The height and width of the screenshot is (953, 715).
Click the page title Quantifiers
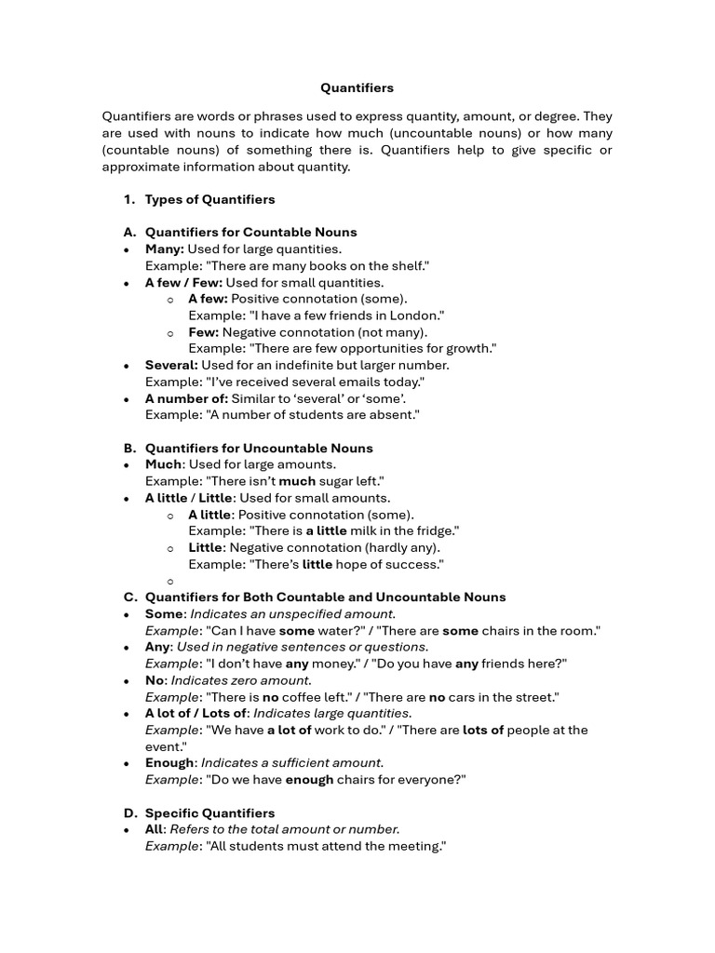357,88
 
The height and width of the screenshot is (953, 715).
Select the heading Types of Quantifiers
209,199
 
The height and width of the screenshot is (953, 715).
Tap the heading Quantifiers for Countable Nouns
250,232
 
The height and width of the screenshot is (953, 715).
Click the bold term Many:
165,248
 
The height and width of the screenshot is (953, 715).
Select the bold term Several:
171,365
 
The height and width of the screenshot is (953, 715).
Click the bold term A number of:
186,398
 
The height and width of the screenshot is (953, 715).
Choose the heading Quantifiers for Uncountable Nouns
259,448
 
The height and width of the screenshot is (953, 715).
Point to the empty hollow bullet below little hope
170,581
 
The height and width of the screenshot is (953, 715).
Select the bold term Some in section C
164,614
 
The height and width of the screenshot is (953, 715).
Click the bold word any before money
297,664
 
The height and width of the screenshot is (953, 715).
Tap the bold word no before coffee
271,697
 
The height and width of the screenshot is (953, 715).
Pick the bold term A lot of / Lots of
196,714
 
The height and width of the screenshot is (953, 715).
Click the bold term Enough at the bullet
170,763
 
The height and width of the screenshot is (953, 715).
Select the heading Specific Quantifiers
209,812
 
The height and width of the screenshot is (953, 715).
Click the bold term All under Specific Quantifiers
154,829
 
